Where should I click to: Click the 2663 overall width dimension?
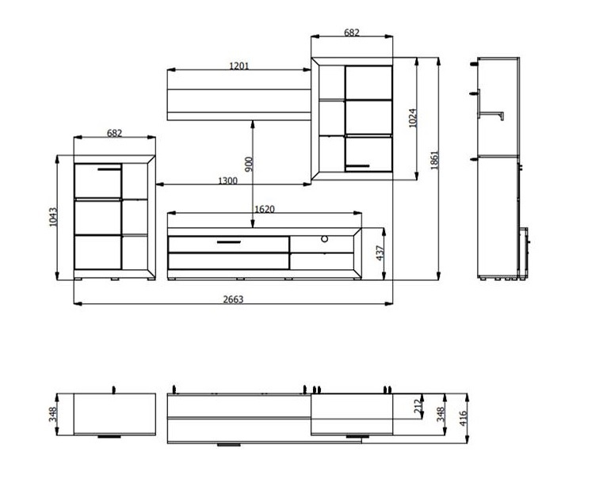click(x=234, y=299)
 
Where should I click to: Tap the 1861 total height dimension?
click(x=434, y=161)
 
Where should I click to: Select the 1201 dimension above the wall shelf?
click(x=239, y=66)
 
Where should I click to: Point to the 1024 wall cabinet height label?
click(x=413, y=118)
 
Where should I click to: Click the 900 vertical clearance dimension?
click(x=249, y=164)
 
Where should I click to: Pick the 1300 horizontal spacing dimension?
click(x=227, y=180)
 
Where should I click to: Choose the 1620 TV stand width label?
click(x=265, y=209)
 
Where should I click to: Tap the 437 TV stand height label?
click(x=380, y=252)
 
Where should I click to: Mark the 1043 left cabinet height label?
click(x=53, y=217)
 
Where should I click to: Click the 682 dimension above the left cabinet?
click(x=114, y=133)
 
